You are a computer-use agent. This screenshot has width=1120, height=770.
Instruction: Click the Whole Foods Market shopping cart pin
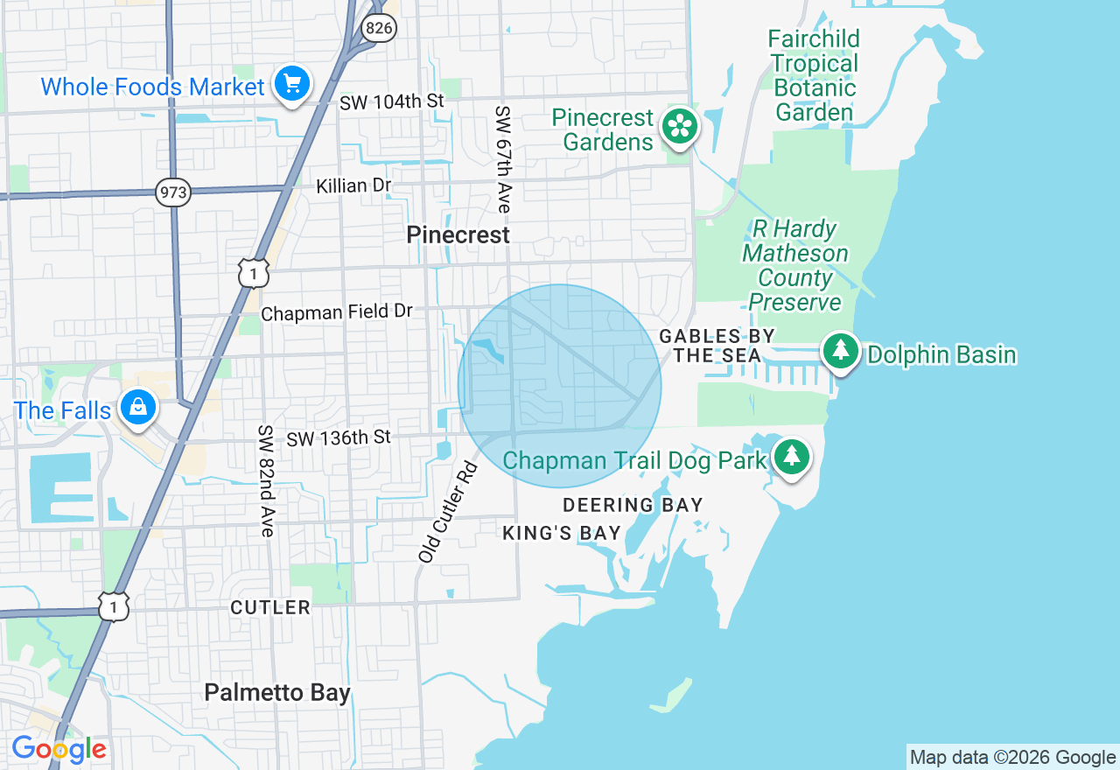(x=292, y=85)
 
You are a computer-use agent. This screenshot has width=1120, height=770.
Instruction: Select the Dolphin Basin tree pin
(x=841, y=352)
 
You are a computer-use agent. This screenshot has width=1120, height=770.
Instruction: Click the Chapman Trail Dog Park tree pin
(x=792, y=457)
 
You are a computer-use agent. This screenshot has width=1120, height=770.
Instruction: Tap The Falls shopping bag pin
(x=138, y=408)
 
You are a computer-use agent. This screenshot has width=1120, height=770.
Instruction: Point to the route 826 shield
(x=380, y=28)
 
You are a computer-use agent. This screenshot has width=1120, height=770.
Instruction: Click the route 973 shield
(x=173, y=192)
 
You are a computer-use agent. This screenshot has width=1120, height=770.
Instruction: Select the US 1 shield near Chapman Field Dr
(x=253, y=274)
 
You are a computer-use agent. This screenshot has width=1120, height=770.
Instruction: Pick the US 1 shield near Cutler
(x=115, y=606)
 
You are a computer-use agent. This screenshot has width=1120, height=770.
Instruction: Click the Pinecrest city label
(x=458, y=234)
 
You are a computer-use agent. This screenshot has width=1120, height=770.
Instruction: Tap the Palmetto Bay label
(x=277, y=693)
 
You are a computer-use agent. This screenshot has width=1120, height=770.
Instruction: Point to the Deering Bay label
(x=633, y=505)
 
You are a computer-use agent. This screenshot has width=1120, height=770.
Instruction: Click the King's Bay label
(x=562, y=533)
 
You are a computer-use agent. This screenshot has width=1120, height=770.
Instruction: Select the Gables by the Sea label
(x=717, y=346)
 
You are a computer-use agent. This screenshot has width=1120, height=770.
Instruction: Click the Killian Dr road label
(x=354, y=185)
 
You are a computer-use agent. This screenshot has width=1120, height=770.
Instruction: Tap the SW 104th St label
(x=392, y=101)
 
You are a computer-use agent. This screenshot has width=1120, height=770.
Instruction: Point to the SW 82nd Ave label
(x=266, y=480)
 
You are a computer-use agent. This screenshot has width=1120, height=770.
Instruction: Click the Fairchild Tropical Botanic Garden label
(x=814, y=75)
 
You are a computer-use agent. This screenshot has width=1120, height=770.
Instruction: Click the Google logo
(x=59, y=749)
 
